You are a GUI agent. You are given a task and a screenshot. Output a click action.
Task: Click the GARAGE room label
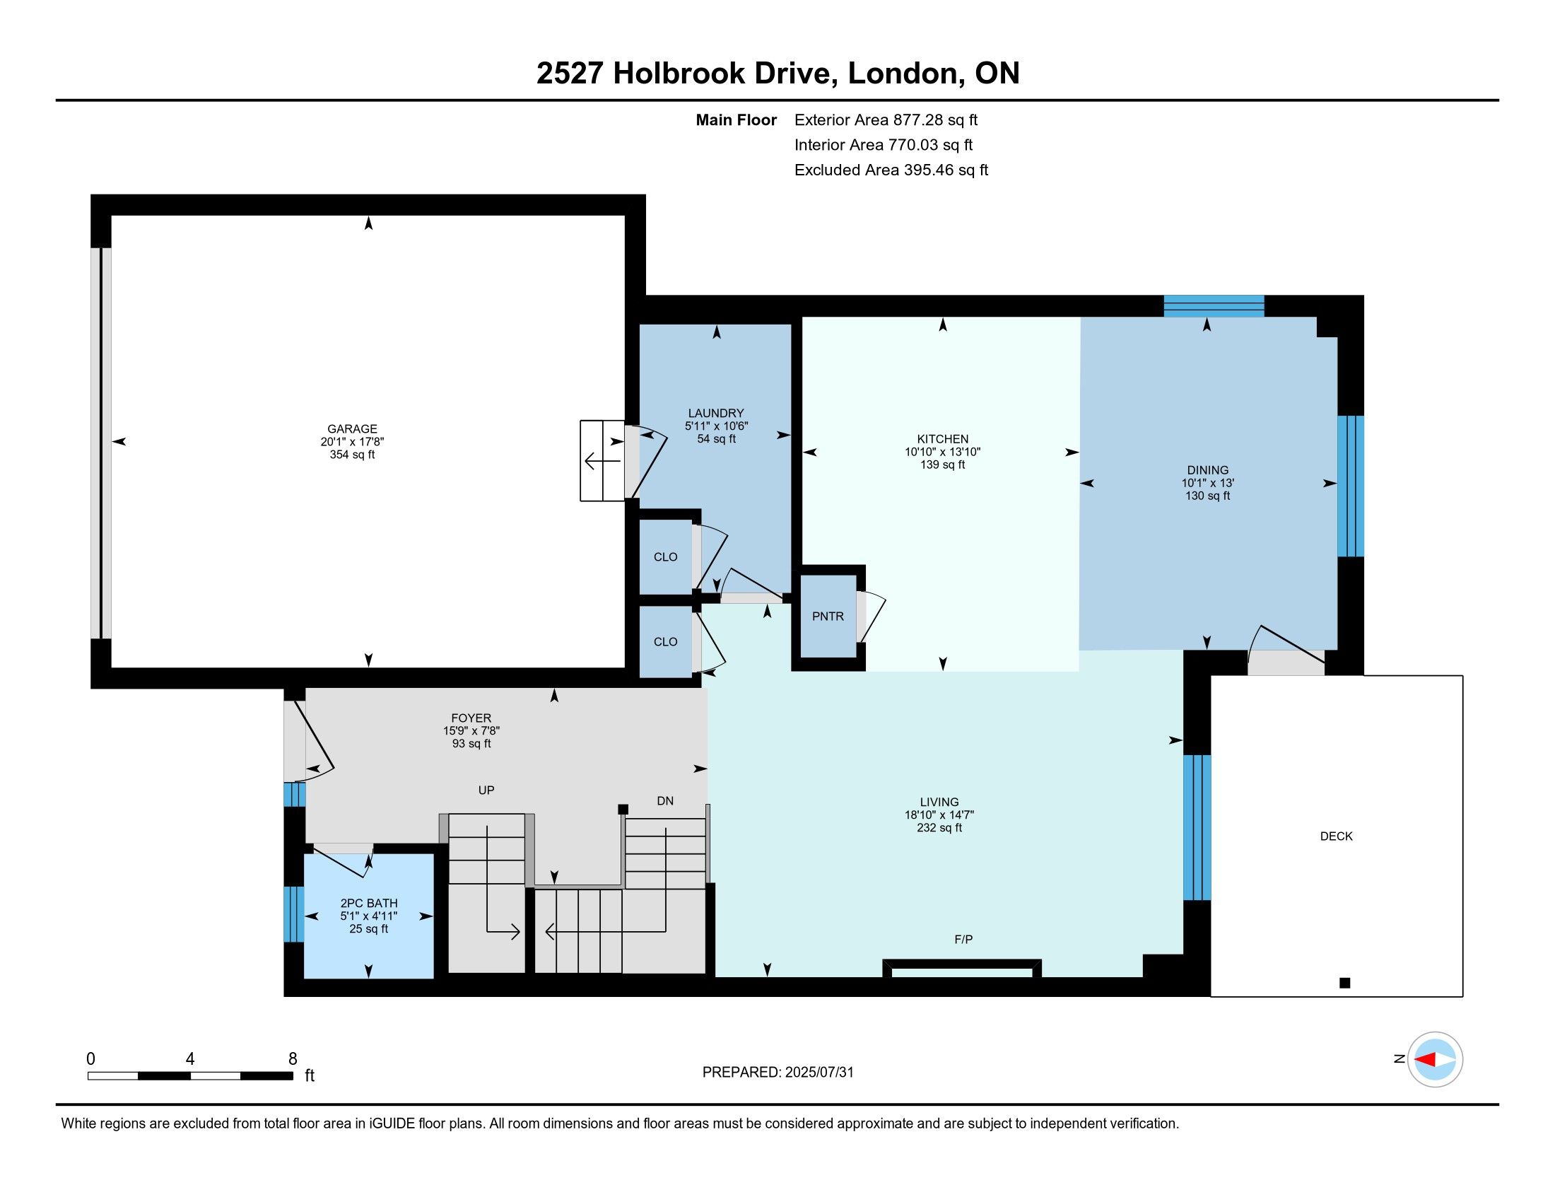(352, 428)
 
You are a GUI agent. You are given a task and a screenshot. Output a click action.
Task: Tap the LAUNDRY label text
(715, 413)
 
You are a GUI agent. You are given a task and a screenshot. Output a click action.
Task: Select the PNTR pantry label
(828, 617)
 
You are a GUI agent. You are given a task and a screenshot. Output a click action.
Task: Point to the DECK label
(1336, 836)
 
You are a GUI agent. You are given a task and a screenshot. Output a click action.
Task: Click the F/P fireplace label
(963, 939)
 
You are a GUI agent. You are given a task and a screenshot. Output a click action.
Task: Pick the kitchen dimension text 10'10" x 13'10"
(943, 452)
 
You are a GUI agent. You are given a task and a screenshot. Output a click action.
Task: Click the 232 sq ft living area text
(939, 827)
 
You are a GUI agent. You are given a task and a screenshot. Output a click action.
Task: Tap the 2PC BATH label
(369, 903)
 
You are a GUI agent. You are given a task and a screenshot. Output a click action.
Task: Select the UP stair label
(486, 790)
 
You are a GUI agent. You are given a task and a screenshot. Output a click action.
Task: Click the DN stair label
(665, 801)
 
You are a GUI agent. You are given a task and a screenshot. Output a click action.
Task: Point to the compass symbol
(1435, 1060)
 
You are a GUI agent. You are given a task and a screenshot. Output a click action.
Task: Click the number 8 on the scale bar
(293, 1059)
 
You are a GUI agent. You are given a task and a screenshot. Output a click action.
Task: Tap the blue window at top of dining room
(1214, 306)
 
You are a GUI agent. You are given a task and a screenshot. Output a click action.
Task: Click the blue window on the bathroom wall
(294, 914)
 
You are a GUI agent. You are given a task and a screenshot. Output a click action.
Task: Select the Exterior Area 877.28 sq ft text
(886, 119)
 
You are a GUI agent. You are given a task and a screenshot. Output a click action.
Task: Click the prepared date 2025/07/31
(818, 1073)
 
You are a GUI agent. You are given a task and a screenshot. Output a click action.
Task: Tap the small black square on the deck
(1345, 984)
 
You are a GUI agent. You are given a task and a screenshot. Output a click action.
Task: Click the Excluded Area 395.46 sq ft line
(891, 170)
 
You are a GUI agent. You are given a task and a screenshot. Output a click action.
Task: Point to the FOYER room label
(471, 718)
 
